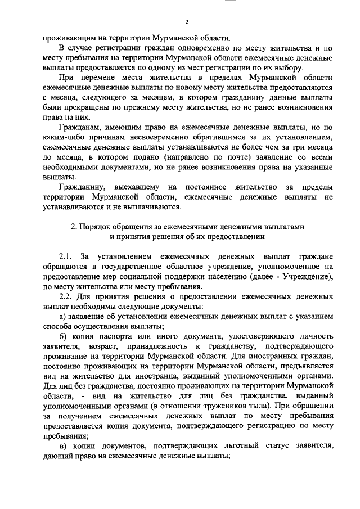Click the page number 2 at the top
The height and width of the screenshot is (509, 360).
(186, 22)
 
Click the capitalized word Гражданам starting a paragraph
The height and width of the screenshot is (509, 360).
(82, 128)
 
